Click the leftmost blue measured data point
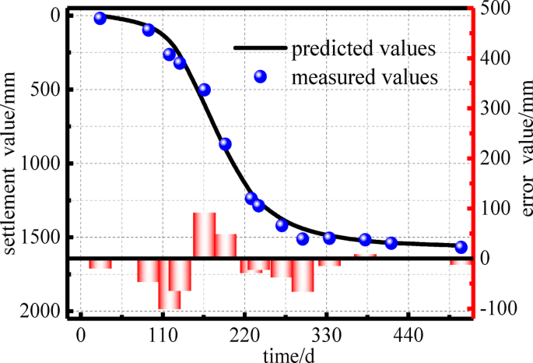coord(100,18)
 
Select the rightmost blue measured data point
coord(461,247)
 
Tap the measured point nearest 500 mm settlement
coord(205,90)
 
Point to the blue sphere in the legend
coord(261,76)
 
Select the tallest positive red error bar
coord(204,234)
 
